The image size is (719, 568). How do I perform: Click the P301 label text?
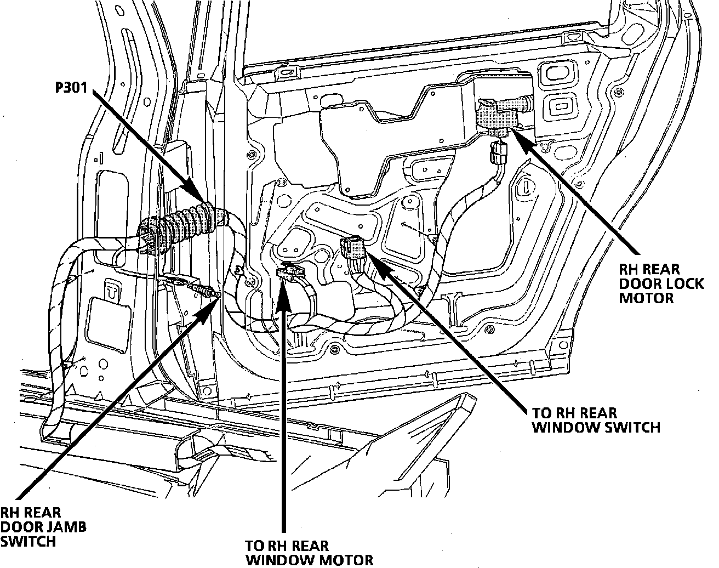(x=71, y=88)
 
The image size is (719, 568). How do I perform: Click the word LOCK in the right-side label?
(x=670, y=283)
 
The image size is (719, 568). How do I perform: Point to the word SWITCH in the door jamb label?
(x=28, y=541)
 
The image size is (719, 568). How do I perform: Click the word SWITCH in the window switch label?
(x=632, y=427)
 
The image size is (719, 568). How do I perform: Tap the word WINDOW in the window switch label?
(x=558, y=427)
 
